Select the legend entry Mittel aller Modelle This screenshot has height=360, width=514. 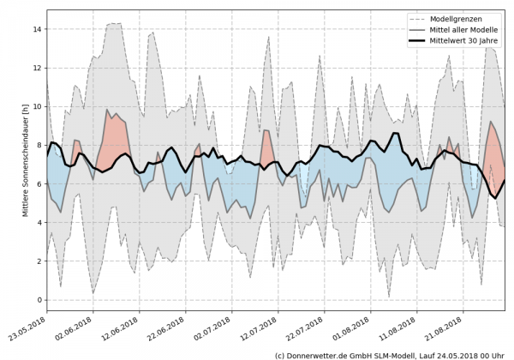(466, 28)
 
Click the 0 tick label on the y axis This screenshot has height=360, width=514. (39, 300)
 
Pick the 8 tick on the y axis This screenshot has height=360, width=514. (39, 145)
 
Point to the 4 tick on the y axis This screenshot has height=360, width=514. (39, 223)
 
